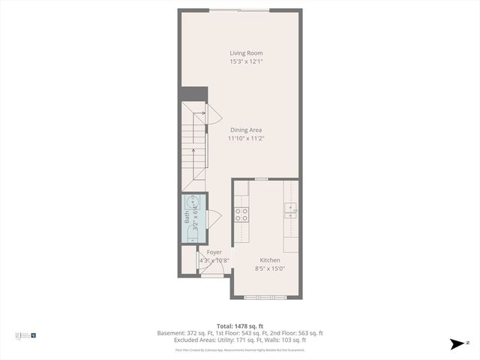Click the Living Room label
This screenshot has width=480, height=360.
pos(245,52)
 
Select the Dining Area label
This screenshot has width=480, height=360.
pos(245,130)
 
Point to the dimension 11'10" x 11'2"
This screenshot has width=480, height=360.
pos(246,138)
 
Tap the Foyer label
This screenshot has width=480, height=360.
pos(214,252)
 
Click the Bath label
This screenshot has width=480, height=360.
pos(187,218)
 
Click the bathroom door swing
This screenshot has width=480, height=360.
pos(214,218)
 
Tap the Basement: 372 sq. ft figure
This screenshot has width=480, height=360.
pos(184,332)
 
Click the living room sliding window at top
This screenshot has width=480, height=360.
pos(240,10)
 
